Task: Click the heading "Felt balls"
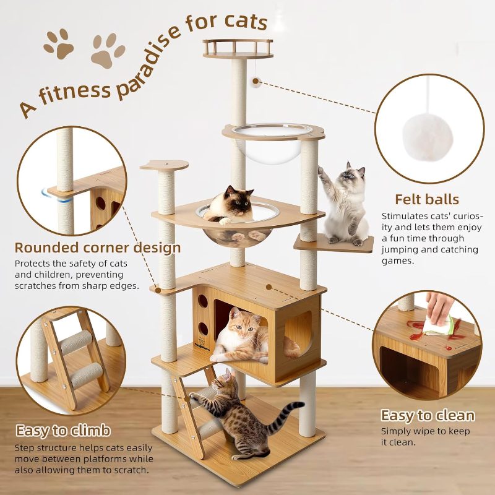tap(427, 199)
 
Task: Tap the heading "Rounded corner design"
tap(98, 248)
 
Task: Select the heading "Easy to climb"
tap(63, 430)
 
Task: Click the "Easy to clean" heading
tap(428, 415)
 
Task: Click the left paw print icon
tap(59, 43)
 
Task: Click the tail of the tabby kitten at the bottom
tap(291, 410)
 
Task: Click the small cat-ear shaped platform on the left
tap(163, 165)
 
